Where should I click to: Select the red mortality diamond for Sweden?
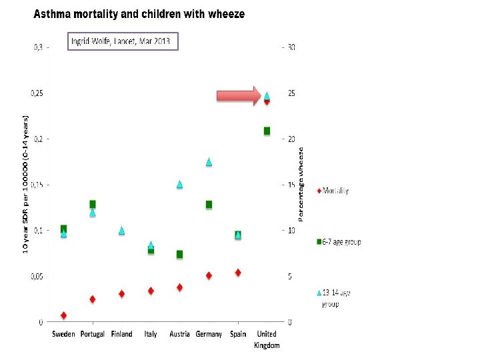pos(63,315)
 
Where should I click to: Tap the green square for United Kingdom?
pos(267,131)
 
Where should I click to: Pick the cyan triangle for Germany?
pos(209,162)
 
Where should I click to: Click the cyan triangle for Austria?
pos(179,185)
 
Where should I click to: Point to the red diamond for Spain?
pos(238,273)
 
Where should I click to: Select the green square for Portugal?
pos(93,204)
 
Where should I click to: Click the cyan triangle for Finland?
pos(121,231)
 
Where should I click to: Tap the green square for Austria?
pos(179,255)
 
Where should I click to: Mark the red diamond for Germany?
pos(209,275)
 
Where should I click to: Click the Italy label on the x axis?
pos(151,334)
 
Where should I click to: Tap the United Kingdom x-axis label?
pos(267,339)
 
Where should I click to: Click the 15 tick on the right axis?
pos(291,185)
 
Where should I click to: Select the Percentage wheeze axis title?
pos(301,185)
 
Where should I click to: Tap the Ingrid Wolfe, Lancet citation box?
pos(124,41)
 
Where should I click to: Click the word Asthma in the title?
pos(53,14)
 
